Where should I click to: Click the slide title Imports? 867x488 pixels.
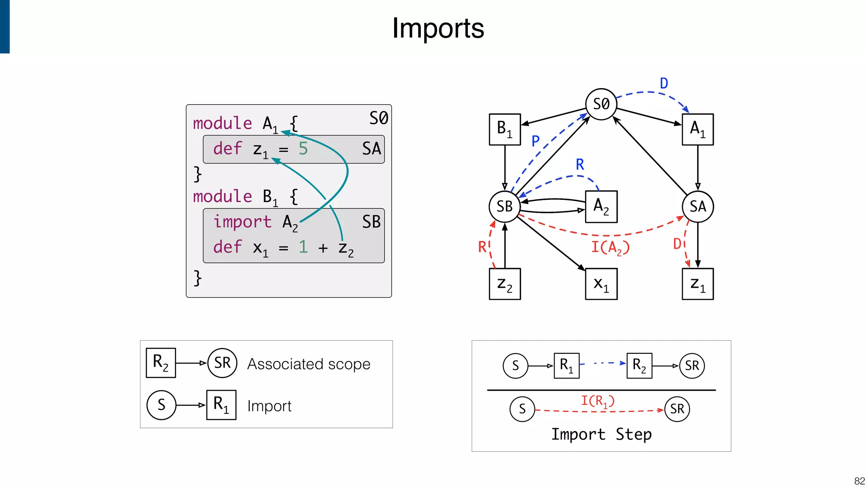click(x=438, y=28)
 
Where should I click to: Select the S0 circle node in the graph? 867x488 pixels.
click(x=601, y=104)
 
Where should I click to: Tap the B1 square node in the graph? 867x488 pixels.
click(x=505, y=129)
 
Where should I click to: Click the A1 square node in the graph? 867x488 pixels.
click(x=697, y=129)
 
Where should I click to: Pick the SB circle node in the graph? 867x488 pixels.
click(x=505, y=206)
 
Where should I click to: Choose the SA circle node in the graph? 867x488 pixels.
click(x=697, y=206)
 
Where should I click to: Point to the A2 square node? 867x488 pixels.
click(x=601, y=206)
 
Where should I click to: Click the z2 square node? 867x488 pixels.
click(x=505, y=284)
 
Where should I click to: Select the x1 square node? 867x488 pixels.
click(x=601, y=284)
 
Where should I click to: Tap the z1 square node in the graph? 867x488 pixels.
click(x=697, y=284)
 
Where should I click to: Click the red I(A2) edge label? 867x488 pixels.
click(x=610, y=247)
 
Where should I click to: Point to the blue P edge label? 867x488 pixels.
click(x=536, y=141)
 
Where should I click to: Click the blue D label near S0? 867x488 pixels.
click(x=664, y=83)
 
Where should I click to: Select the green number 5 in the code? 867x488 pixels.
click(x=303, y=149)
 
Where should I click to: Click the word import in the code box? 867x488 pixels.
click(x=242, y=222)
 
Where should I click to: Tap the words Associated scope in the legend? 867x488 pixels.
click(x=309, y=364)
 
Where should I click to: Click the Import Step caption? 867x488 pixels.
click(x=601, y=434)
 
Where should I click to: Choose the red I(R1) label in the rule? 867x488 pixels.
click(x=597, y=401)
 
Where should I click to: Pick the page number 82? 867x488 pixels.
click(x=859, y=481)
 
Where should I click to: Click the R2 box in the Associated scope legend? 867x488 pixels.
click(x=160, y=363)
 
